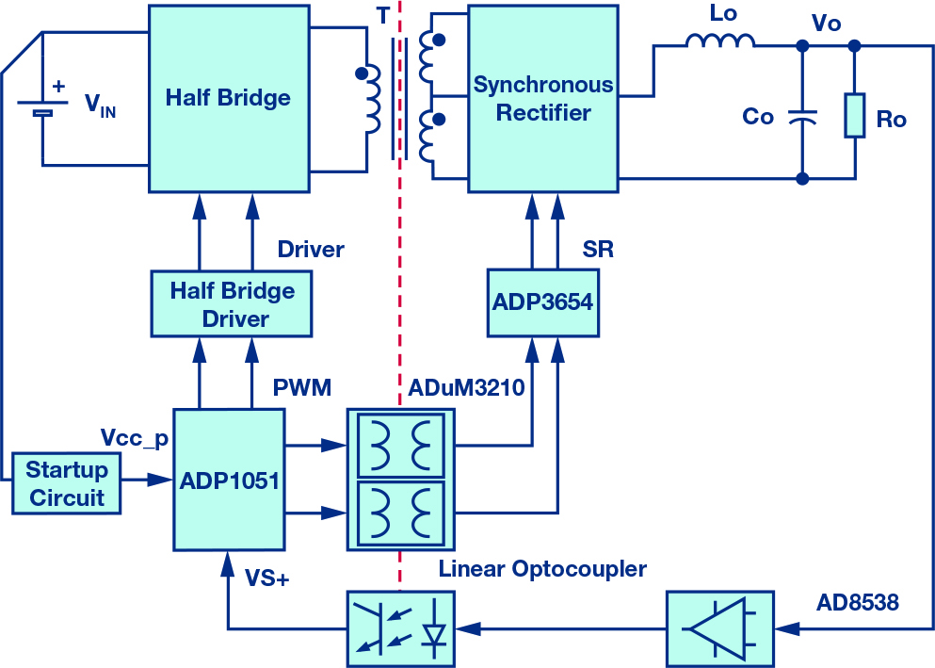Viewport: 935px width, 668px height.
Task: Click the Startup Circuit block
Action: pos(66,483)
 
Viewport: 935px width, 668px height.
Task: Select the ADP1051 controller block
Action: pos(229,480)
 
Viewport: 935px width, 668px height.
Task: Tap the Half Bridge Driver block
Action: pos(232,304)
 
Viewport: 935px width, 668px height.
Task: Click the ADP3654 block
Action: pos(543,303)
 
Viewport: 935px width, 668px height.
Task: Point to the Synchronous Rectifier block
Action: pos(543,99)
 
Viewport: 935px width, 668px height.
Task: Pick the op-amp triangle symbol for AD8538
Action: pos(718,628)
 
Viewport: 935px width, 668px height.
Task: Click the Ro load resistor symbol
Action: pos(855,115)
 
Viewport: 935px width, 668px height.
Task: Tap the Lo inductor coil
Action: pos(720,41)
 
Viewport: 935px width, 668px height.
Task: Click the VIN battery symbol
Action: pos(42,106)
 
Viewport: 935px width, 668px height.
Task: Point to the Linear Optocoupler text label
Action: pos(542,569)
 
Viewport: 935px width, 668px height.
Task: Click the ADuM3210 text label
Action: pos(466,387)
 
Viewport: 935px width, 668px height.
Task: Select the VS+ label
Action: pos(267,578)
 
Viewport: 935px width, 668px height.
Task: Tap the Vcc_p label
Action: pos(135,438)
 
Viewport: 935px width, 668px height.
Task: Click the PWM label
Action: pos(302,387)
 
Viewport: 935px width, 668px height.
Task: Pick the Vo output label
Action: pos(827,24)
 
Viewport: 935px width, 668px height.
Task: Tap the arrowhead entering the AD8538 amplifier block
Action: pos(787,628)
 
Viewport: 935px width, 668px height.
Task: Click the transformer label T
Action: pos(383,15)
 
